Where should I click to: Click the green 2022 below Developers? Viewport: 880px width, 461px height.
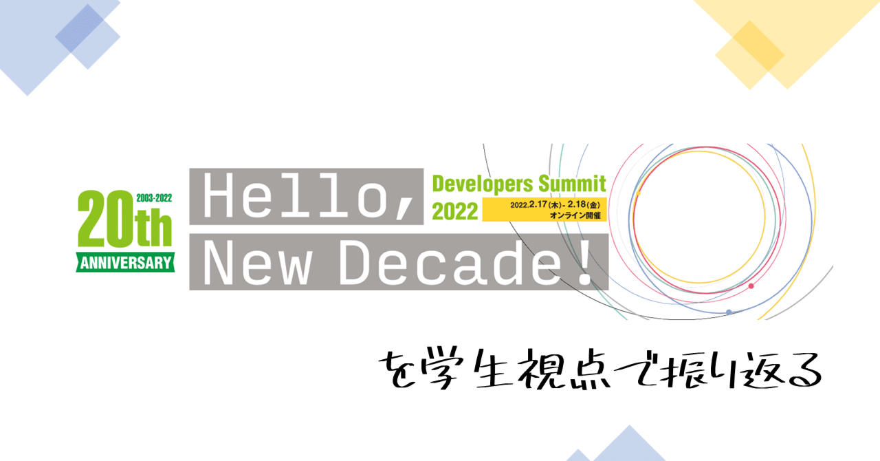coord(454,211)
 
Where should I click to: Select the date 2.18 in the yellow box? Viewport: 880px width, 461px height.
coord(576,205)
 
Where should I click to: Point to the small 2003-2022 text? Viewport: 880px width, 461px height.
coord(154,197)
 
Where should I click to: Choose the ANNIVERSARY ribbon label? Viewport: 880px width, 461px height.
coord(125,262)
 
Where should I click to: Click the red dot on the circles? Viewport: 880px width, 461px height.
coord(751,286)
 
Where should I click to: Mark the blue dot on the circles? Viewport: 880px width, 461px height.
coord(729,312)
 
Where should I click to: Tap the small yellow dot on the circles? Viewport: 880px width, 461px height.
coord(637,193)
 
